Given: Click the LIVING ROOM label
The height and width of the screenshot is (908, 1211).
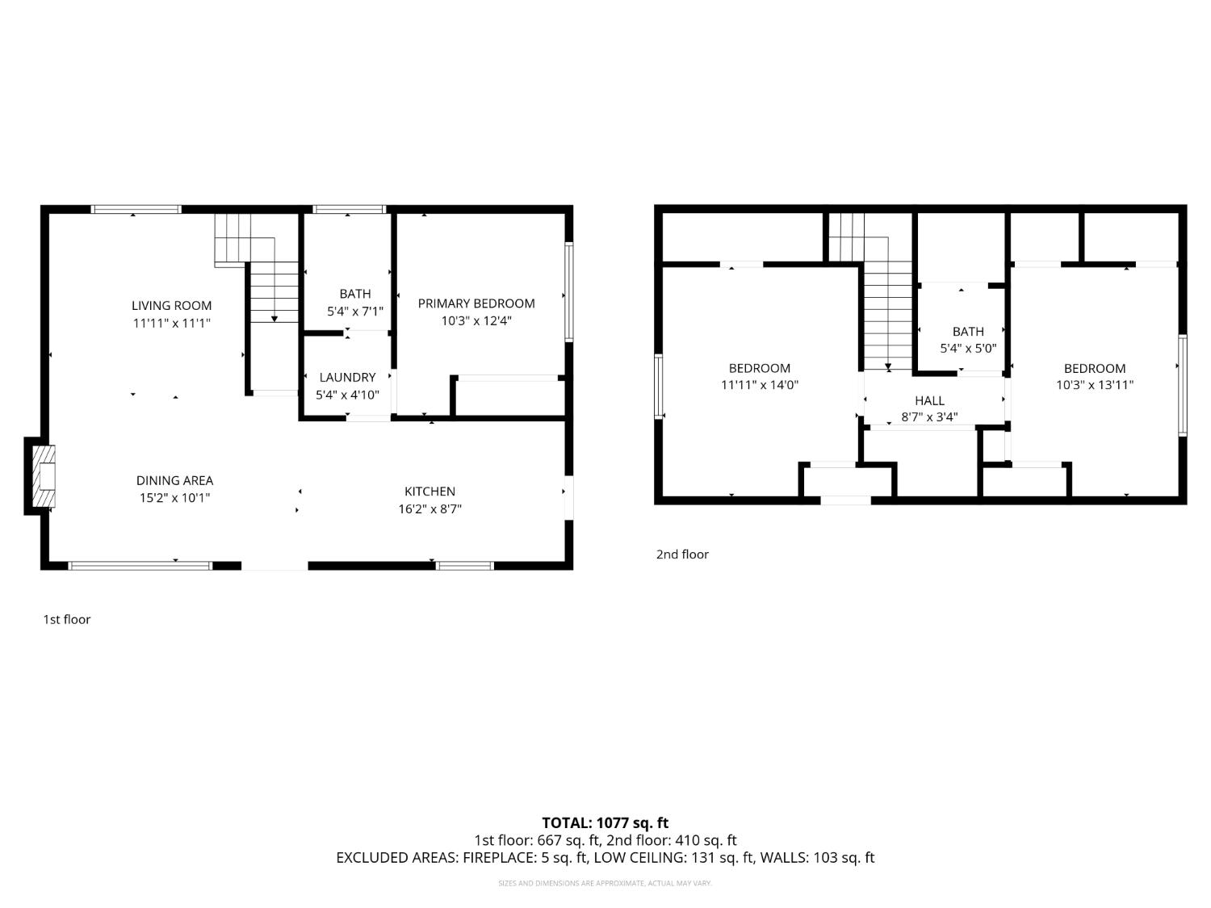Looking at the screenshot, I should pos(172,305).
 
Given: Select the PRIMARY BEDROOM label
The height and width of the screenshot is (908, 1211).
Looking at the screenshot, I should pos(476,303).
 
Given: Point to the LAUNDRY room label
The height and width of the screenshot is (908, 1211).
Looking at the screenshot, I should pos(347,377).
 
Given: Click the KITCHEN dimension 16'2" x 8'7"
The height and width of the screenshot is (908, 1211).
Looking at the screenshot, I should pos(430,509).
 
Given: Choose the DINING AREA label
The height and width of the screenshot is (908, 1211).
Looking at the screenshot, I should pos(174,480).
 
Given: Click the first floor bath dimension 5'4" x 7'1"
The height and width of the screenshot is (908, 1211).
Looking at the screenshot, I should pos(355,312).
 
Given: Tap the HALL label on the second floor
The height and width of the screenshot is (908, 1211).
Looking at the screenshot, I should pos(929,400).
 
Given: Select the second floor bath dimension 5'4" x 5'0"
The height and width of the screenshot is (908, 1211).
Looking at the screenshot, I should pos(968,349).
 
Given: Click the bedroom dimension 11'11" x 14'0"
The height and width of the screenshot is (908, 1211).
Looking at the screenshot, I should pos(759,385).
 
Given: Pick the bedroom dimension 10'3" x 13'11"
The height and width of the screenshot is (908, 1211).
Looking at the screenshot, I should pos(1094,385).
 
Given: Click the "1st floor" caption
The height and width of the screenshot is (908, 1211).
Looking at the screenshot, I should pos(67,619).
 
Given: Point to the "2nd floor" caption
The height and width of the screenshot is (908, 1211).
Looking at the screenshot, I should pos(682,554).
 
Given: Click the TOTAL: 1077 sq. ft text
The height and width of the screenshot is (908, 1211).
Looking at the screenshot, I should pos(605,822).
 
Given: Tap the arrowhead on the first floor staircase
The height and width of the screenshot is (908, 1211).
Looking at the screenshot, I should pos(274,319).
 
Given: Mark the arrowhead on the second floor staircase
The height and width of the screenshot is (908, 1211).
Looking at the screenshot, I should pos(888,367).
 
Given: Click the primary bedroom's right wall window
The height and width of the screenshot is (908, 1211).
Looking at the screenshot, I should pos(569,291).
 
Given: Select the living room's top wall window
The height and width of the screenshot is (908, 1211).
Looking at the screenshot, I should pos(136,209).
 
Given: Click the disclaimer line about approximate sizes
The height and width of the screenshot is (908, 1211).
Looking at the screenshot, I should pos(605,883).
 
